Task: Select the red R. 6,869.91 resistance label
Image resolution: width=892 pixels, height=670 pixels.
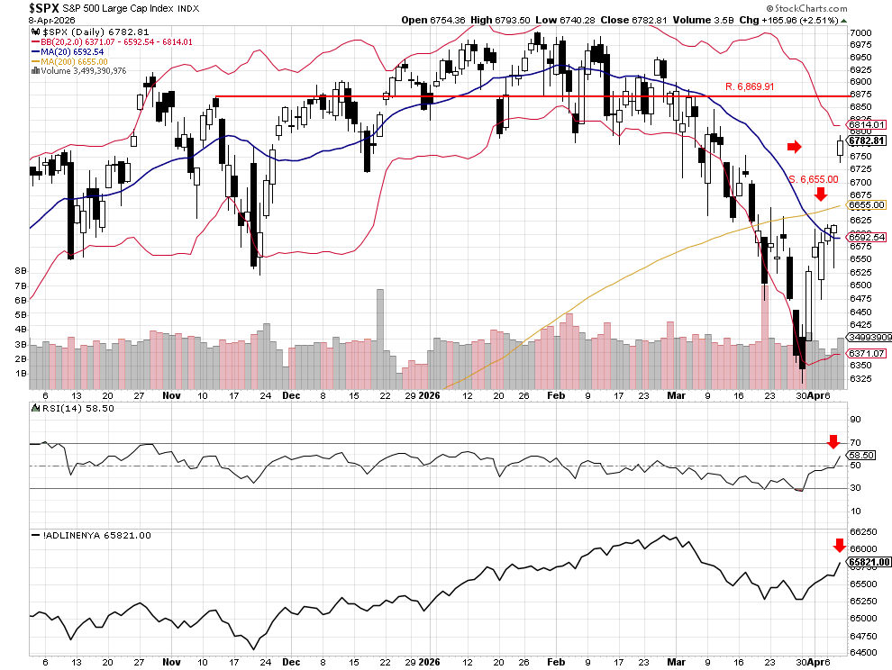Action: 750,86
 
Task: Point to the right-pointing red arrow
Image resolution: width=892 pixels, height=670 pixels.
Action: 793,147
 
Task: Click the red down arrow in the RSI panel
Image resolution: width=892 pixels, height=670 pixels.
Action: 833,441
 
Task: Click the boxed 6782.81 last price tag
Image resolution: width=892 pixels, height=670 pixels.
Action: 869,141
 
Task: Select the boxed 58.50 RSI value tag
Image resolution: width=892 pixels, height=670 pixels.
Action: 861,456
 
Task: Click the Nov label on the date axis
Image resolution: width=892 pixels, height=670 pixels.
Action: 171,394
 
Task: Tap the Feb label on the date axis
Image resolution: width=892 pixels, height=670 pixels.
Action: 556,394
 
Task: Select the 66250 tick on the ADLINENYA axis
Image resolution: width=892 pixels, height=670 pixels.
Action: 863,531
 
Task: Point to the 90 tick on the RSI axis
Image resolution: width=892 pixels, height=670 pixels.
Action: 854,420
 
